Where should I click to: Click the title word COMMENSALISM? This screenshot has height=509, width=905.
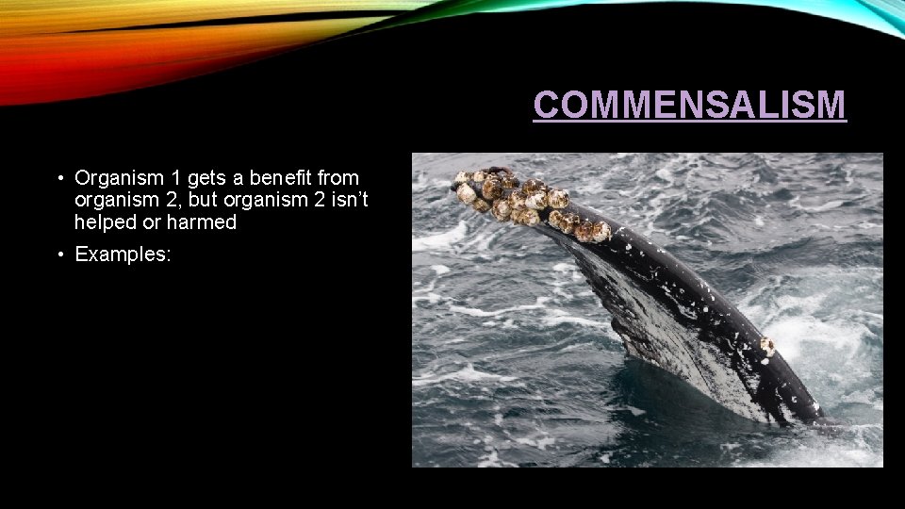[x=689, y=105]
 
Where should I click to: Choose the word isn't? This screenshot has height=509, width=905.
[x=342, y=200]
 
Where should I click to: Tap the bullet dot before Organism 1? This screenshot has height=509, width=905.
[x=59, y=177]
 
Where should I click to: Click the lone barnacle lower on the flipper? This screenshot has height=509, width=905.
[x=767, y=346]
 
